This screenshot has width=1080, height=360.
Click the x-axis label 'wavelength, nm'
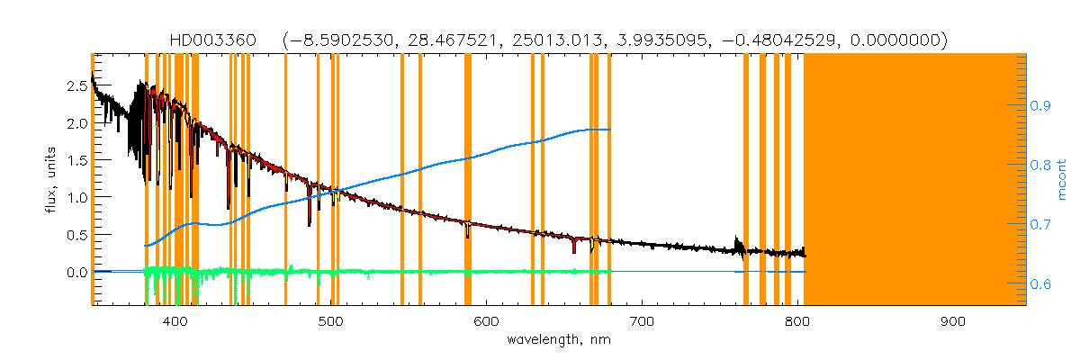(559, 340)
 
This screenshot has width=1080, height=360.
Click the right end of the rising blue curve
(611, 130)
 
